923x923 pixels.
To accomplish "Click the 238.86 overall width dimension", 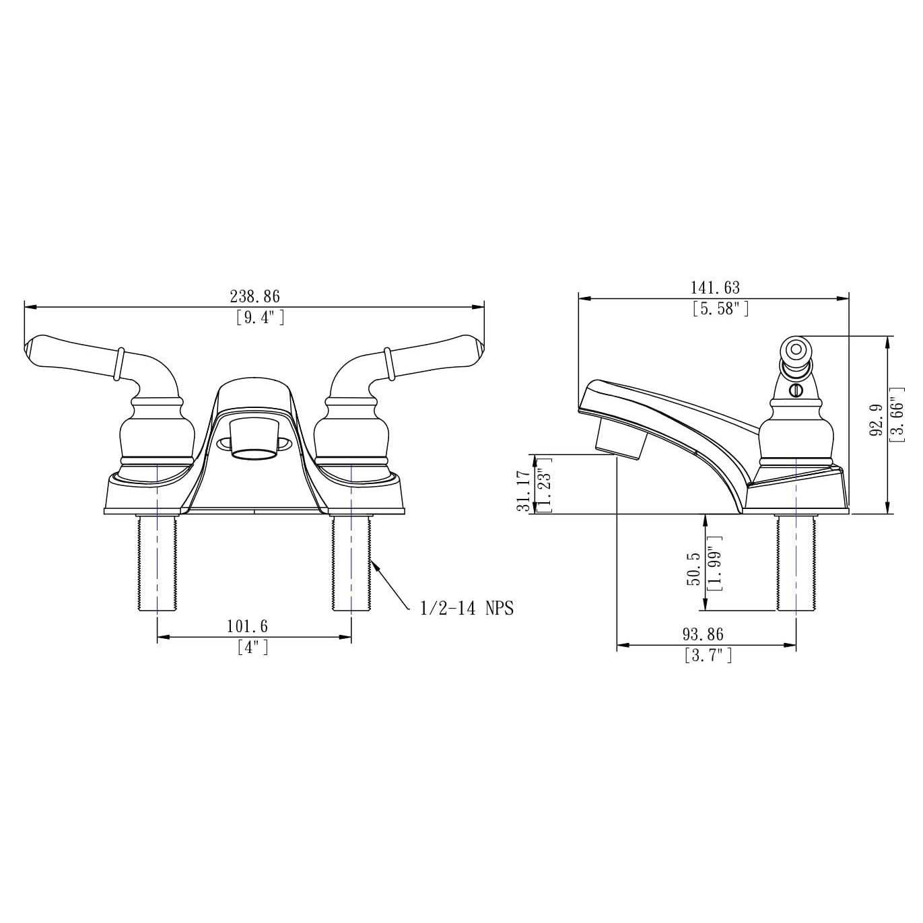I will (x=254, y=296).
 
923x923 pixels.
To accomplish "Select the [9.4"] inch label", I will (x=260, y=317).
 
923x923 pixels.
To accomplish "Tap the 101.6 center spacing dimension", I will (x=246, y=626).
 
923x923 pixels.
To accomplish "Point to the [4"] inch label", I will (x=252, y=648).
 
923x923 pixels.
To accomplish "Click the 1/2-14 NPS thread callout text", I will (x=467, y=609).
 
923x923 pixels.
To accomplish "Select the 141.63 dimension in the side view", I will (x=714, y=287).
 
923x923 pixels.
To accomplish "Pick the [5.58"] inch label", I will (x=720, y=309).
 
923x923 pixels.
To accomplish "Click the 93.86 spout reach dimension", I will (x=703, y=634).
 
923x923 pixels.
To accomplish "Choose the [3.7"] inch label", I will (x=708, y=655).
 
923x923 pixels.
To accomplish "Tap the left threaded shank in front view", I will (x=157, y=563).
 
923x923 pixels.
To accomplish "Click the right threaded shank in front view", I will (x=351, y=563).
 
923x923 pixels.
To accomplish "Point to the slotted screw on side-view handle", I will (x=796, y=390).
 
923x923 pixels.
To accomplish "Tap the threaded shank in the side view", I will (x=796, y=563).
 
